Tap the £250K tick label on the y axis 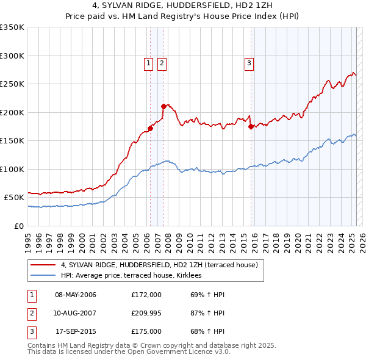tap(12, 84)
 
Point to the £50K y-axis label tap(15, 198)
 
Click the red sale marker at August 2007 tap(163, 106)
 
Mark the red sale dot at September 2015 tap(251, 126)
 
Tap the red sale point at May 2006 tap(150, 128)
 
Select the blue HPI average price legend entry tap(135, 276)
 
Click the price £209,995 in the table tap(146, 313)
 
